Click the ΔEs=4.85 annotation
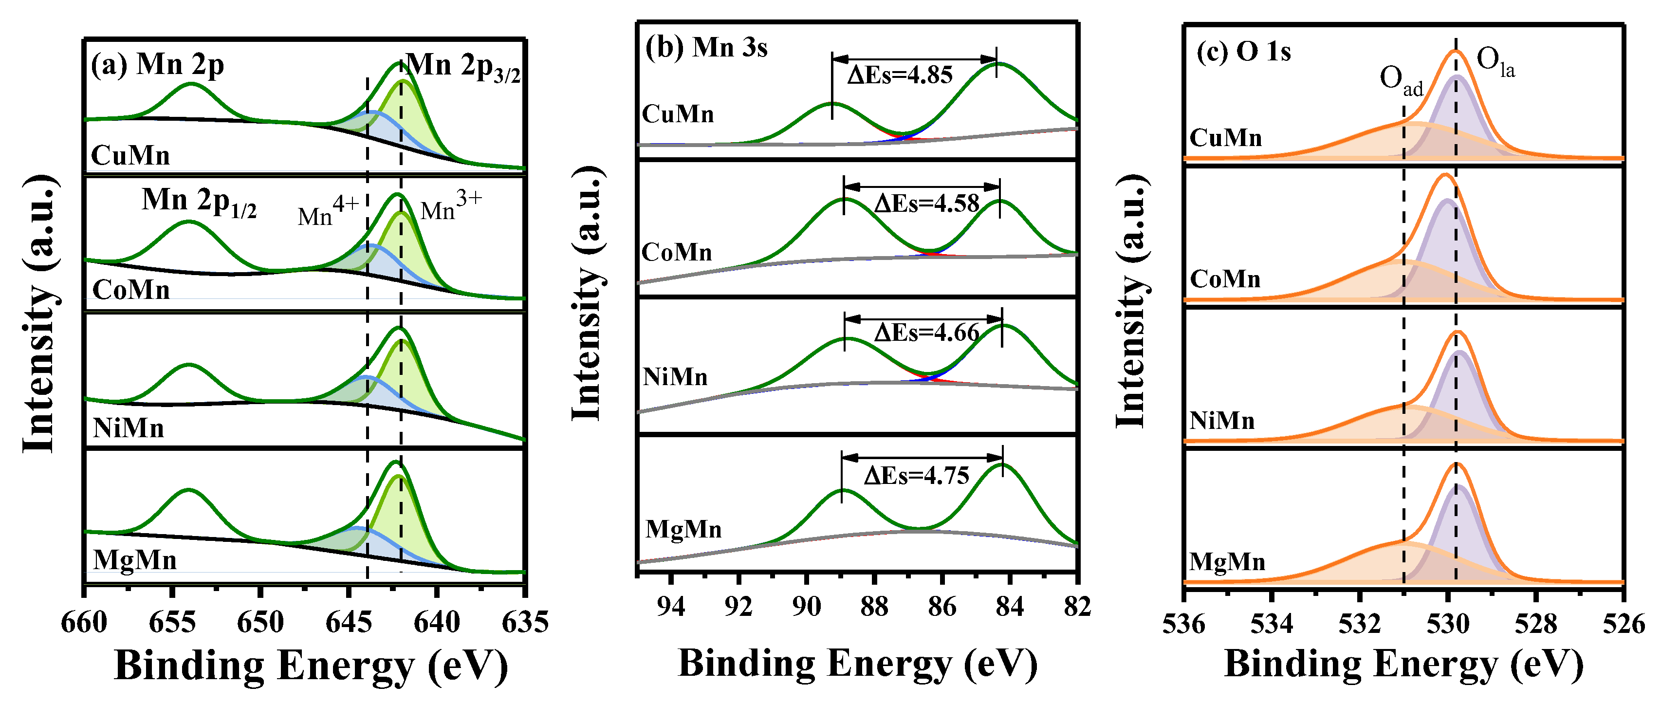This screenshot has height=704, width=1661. [x=900, y=75]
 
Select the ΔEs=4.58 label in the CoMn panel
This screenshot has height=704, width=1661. [x=926, y=204]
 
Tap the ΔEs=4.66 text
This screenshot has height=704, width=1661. [x=926, y=333]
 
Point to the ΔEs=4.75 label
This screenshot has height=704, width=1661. [x=916, y=476]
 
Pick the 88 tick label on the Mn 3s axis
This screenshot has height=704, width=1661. [x=874, y=607]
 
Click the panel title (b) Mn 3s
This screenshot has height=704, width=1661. [x=706, y=48]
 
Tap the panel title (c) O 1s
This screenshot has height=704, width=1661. [x=1243, y=52]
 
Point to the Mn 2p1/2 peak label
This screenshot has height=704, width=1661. [x=199, y=201]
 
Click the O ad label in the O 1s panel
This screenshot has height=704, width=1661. [x=1401, y=81]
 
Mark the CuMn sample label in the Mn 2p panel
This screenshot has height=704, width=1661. [x=130, y=155]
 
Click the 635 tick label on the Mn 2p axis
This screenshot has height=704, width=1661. [x=525, y=623]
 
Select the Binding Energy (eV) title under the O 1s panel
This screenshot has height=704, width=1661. [x=1403, y=664]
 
